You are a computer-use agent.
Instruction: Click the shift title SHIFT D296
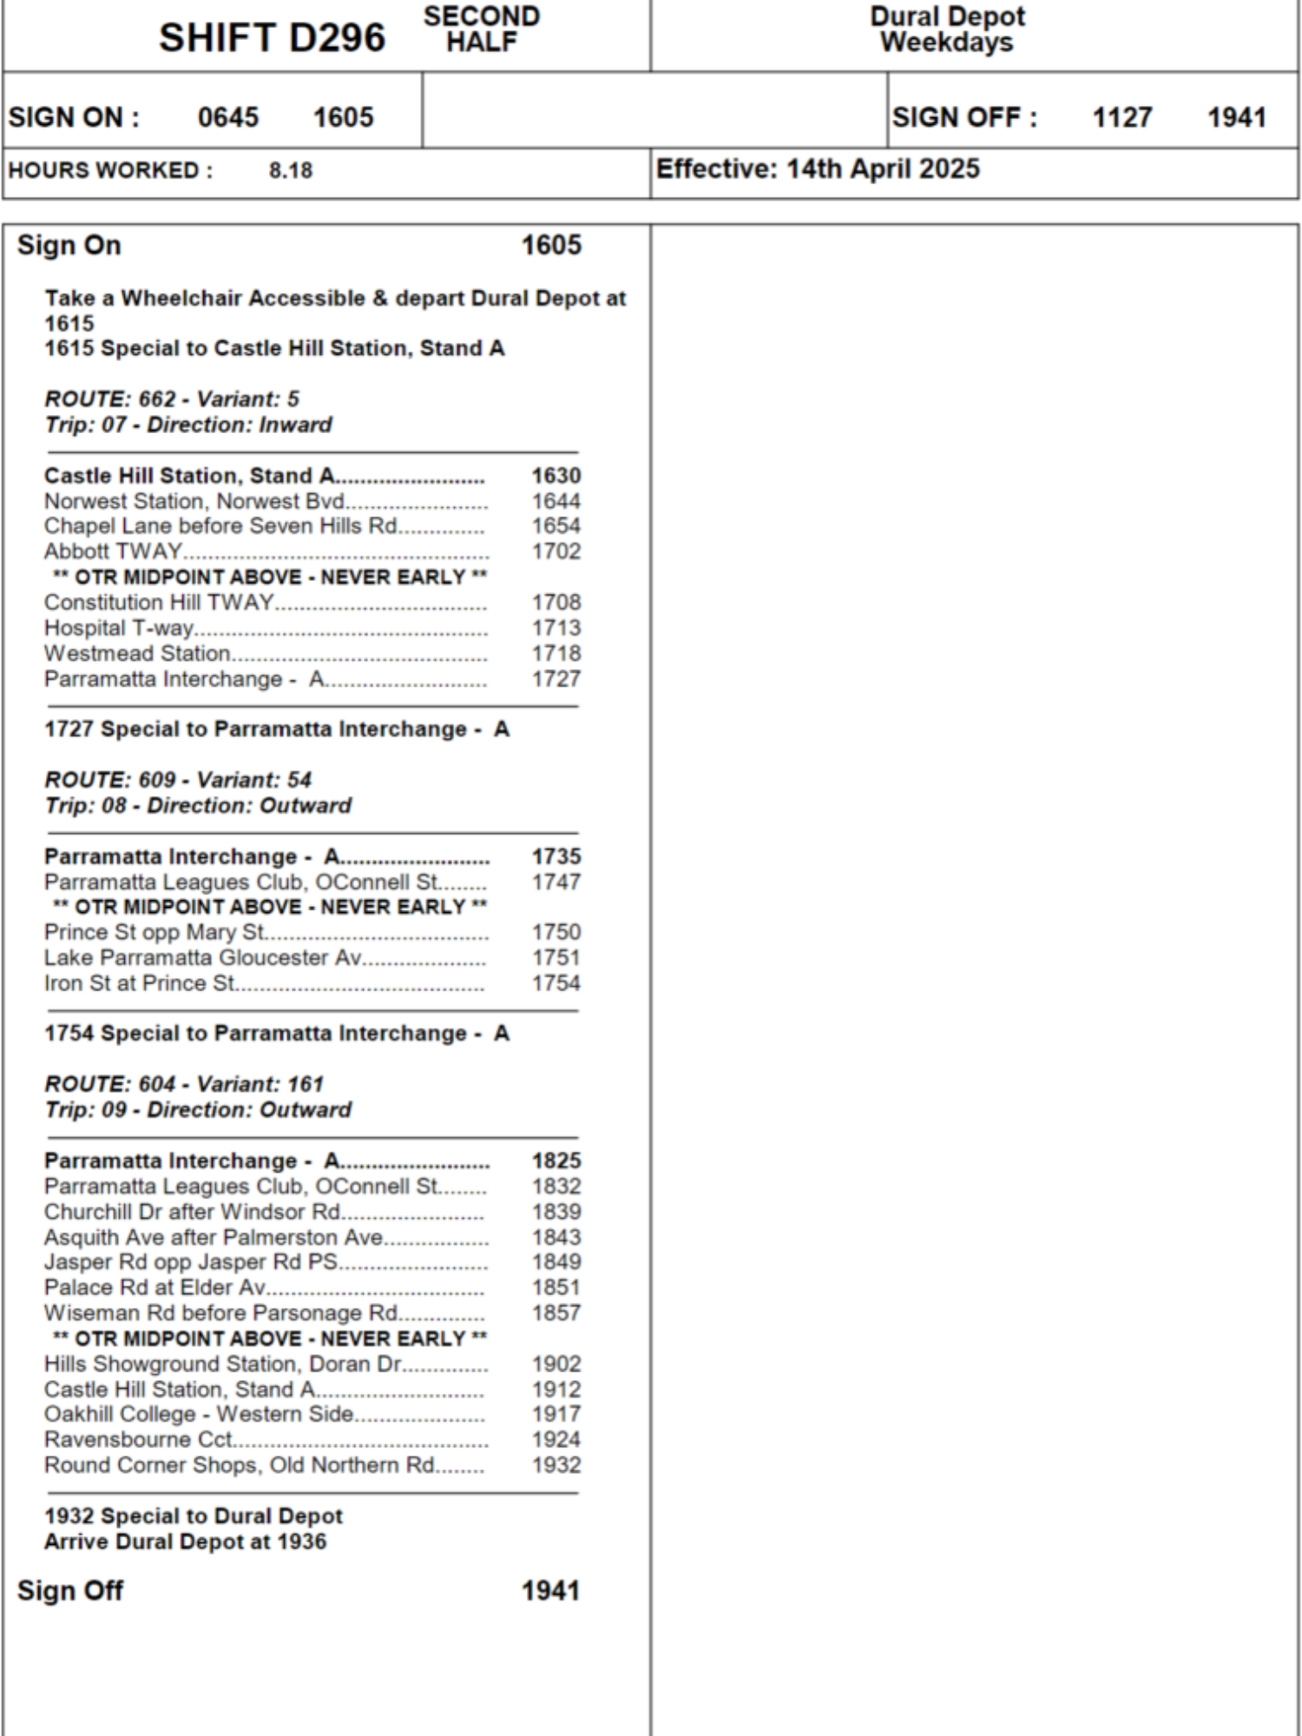coord(272,38)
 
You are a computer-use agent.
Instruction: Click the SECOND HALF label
coord(482,29)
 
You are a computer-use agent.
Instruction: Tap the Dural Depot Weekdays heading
coord(947,29)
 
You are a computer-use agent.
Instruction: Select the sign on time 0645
coord(228,117)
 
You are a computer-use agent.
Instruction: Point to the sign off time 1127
coord(1121,117)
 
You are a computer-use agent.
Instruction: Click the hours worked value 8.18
coord(291,170)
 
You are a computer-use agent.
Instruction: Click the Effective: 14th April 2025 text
coord(817,168)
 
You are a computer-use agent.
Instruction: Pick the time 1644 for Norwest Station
coord(556,501)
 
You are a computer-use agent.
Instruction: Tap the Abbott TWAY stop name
coord(114,551)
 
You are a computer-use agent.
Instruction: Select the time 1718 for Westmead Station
coord(556,654)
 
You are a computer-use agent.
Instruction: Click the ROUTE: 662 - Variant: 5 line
coord(172,399)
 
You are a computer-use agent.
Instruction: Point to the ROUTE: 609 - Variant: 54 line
coord(178,779)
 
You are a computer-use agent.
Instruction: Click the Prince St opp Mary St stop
coord(155,932)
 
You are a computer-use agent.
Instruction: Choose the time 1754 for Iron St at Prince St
coord(556,983)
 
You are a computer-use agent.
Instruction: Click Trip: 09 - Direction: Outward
coord(198,1109)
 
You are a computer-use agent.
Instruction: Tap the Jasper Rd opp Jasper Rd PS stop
coord(191,1262)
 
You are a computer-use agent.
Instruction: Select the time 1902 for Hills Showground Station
coord(556,1364)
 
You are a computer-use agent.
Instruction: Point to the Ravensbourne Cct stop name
coord(138,1440)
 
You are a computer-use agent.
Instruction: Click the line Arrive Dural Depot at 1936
coord(185,1542)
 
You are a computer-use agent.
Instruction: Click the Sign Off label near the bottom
coord(70,1590)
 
